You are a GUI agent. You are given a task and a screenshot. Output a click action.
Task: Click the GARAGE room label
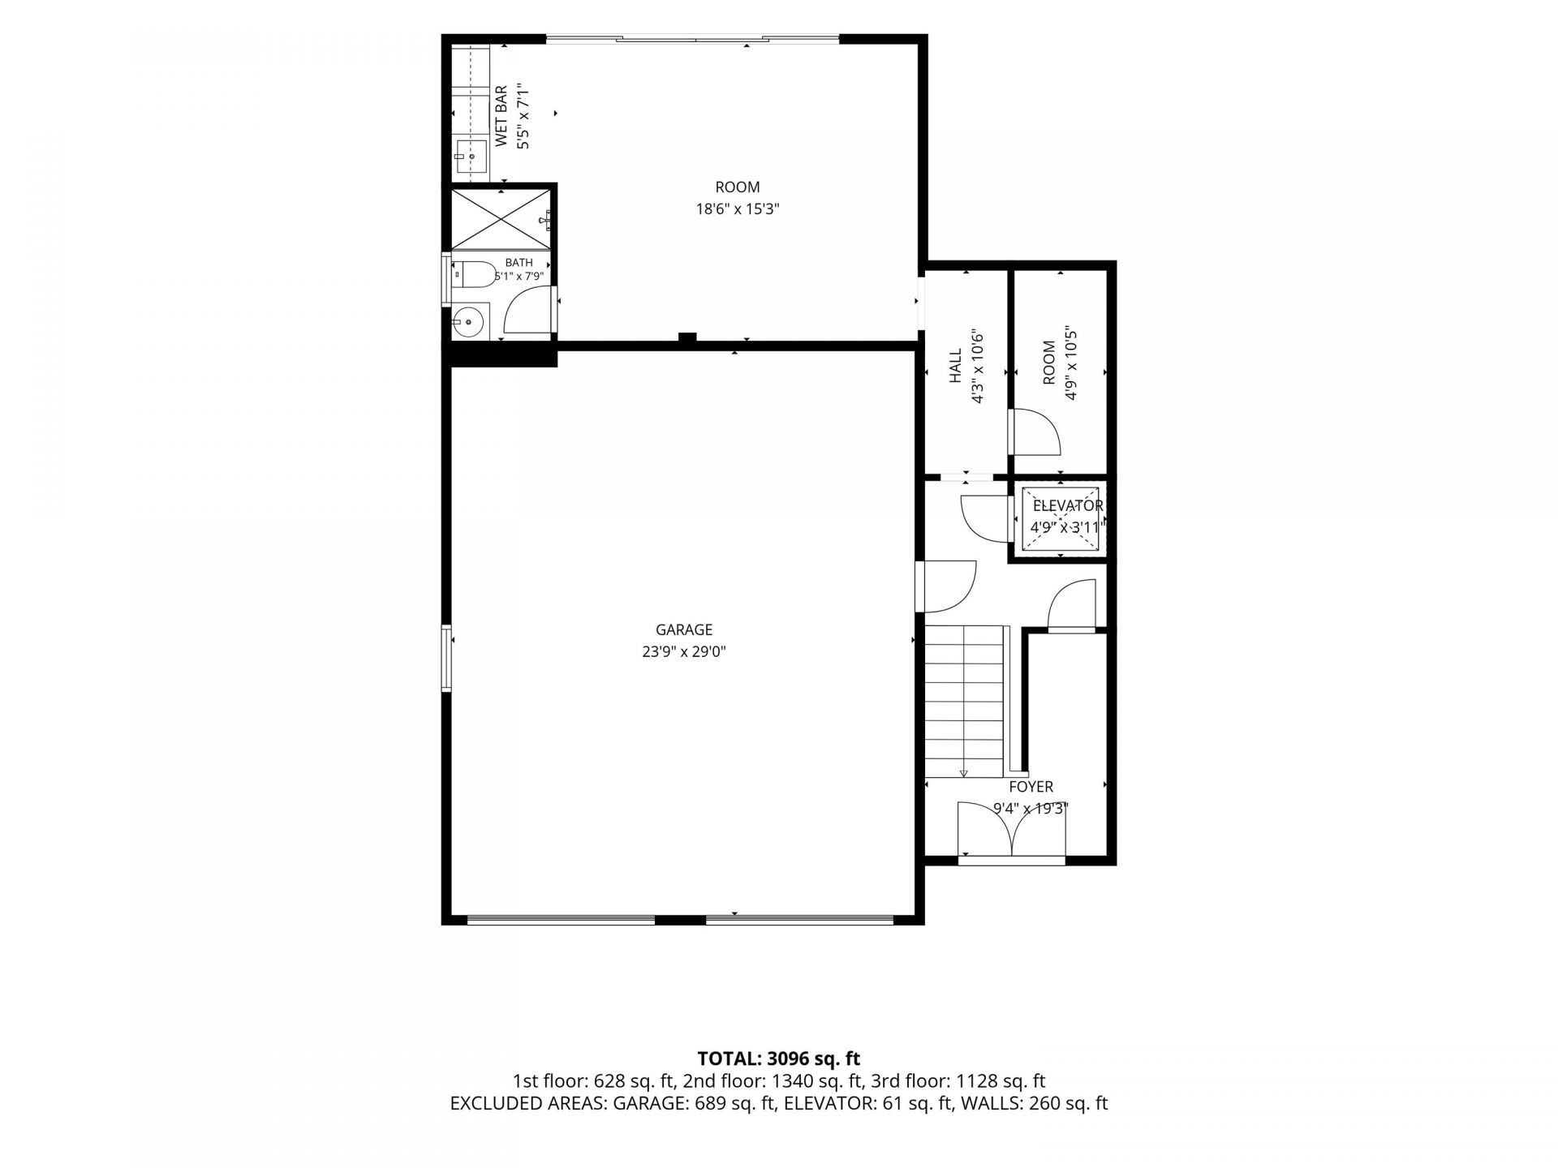tap(684, 629)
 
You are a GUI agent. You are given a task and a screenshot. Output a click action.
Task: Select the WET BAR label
tap(501, 116)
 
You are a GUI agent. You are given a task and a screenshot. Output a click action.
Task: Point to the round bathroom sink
tap(468, 323)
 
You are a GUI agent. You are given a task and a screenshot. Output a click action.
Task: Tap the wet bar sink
tap(470, 156)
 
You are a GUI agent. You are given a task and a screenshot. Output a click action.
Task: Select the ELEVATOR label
tap(1068, 506)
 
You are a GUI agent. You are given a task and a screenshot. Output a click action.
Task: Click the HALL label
tap(956, 366)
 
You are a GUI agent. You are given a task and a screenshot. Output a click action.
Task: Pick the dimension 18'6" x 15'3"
tap(738, 209)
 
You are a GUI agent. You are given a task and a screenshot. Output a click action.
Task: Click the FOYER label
tap(1031, 787)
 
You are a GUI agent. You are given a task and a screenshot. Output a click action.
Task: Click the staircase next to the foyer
tap(965, 702)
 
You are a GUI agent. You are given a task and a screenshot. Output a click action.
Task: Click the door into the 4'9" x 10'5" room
tap(1034, 432)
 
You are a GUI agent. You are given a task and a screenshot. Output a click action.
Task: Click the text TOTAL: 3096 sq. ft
tap(779, 1058)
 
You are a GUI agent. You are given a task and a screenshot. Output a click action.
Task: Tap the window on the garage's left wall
tap(445, 657)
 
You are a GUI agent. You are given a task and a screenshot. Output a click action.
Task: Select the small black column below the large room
tap(687, 338)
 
